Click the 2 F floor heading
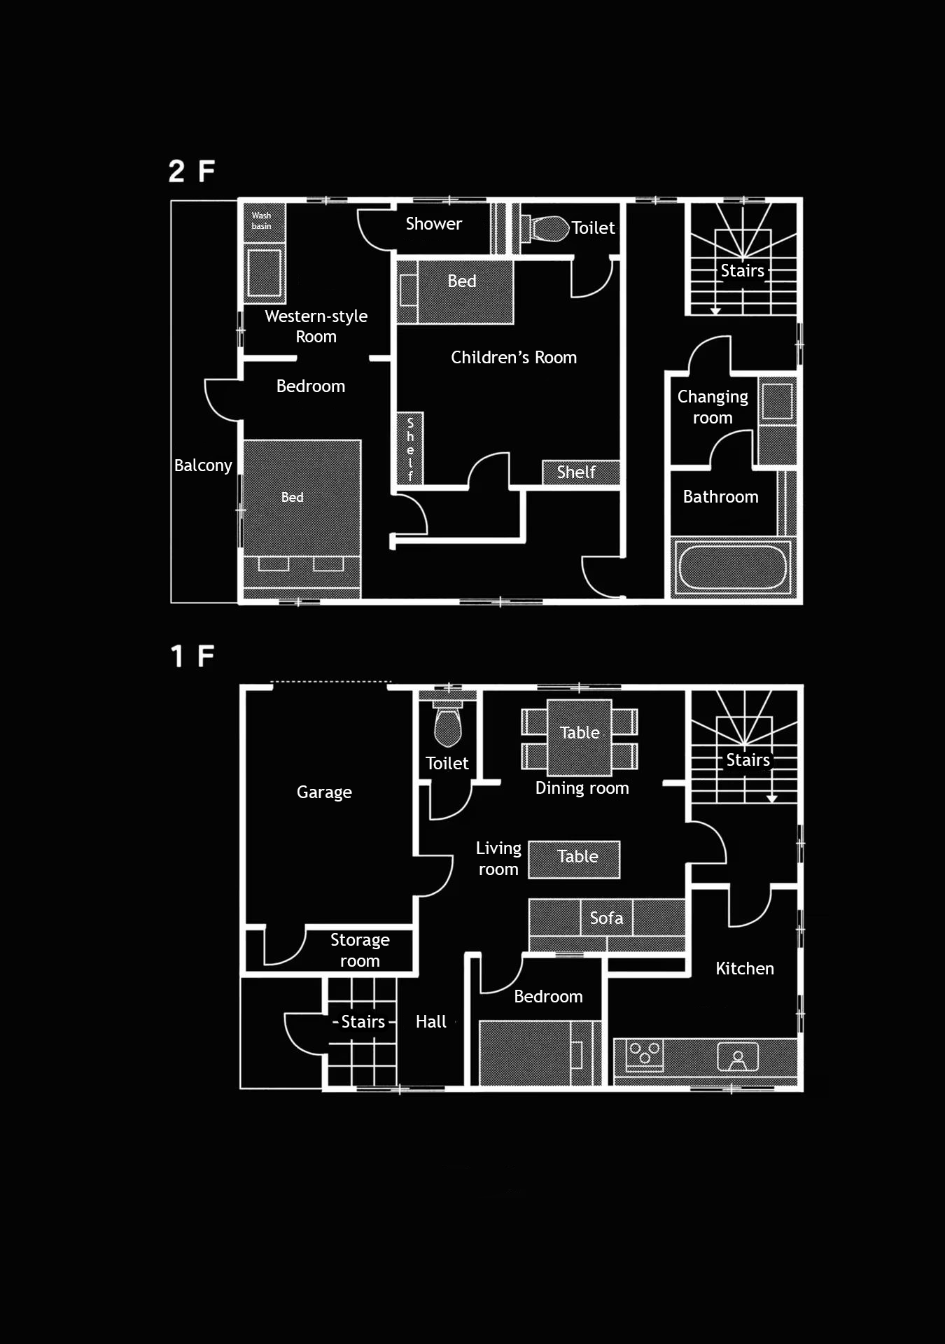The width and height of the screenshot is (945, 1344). (191, 171)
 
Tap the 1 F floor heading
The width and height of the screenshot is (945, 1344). (192, 657)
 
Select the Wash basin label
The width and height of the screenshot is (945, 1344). (261, 220)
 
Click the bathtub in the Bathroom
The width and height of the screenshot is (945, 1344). (732, 567)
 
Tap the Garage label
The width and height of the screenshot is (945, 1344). (324, 792)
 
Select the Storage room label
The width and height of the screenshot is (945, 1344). (360, 950)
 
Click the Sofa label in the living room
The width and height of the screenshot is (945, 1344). (606, 918)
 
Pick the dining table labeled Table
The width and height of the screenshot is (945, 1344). (580, 737)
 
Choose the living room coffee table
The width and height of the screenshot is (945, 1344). (574, 859)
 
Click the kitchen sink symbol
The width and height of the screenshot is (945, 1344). (738, 1057)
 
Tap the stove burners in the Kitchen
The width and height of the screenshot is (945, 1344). (645, 1055)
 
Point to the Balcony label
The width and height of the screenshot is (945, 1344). (203, 465)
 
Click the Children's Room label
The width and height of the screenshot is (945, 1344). (514, 358)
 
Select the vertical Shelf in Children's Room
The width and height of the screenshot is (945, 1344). (410, 448)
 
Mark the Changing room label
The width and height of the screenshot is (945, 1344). (713, 407)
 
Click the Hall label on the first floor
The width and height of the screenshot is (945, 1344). (430, 1022)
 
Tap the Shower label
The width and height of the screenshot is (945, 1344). (434, 224)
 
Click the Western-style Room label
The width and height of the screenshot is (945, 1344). (316, 326)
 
